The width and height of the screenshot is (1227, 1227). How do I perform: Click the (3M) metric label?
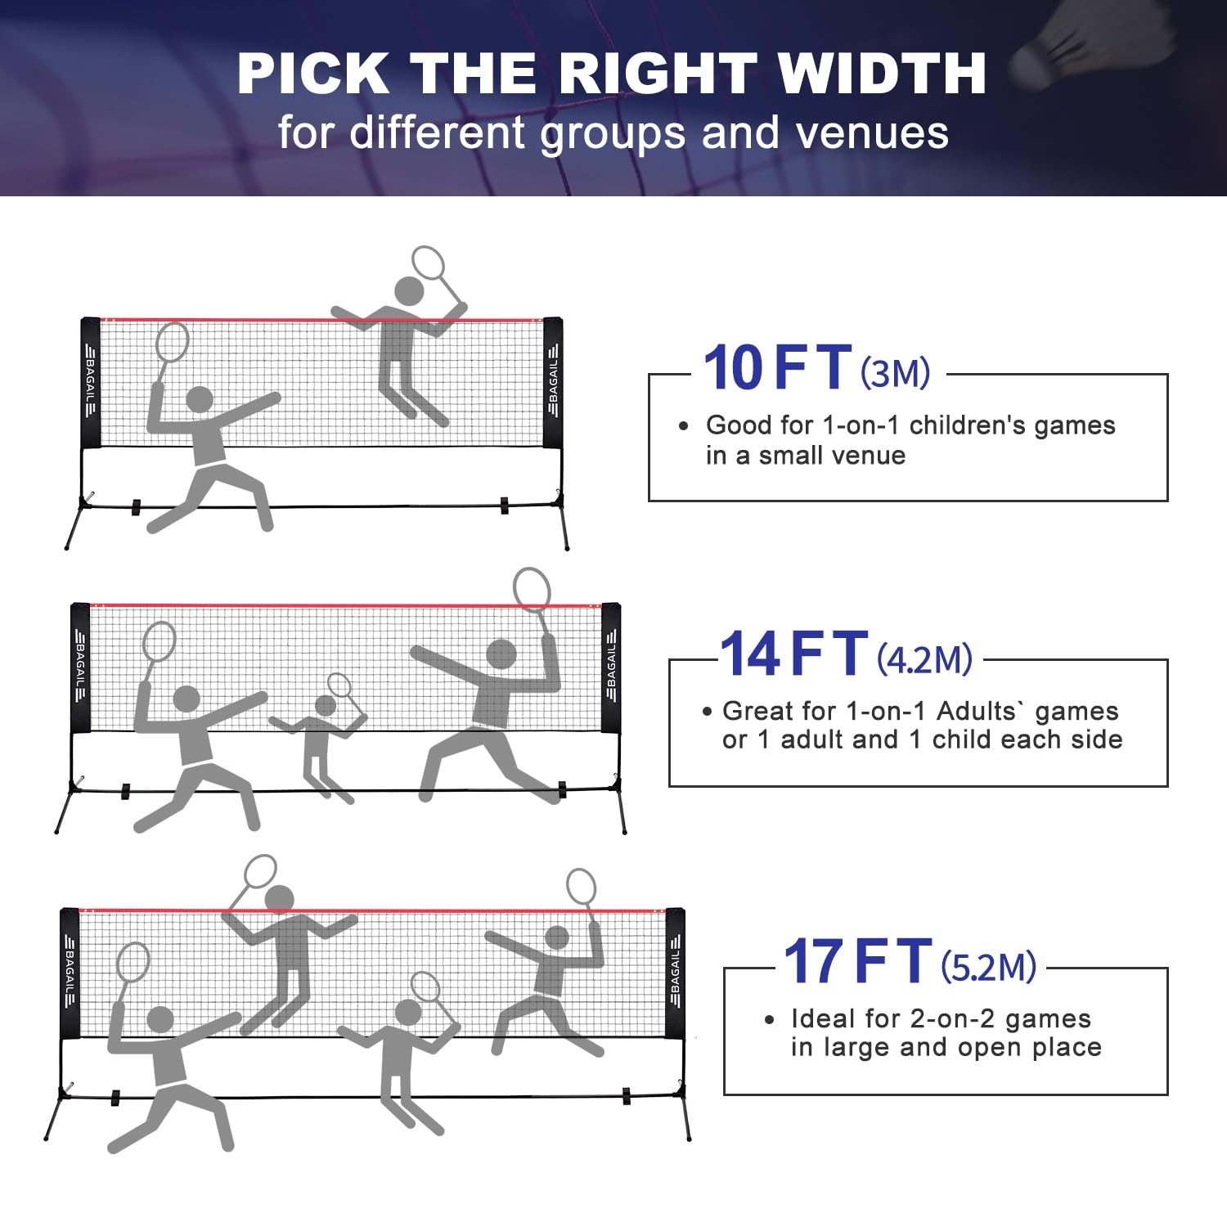coord(895,373)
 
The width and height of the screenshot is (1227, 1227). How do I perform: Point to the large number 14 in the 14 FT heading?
coord(749,654)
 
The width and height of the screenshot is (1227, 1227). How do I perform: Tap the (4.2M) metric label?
coord(924,658)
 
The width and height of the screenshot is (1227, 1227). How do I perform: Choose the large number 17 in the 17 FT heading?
coord(813,961)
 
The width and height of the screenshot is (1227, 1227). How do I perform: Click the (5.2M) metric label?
coord(988,967)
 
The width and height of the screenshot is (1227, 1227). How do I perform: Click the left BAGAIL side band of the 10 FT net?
coord(90,382)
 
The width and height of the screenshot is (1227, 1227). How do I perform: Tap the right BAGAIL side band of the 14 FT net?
coord(611,667)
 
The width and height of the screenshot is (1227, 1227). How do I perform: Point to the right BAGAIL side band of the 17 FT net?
coord(675,973)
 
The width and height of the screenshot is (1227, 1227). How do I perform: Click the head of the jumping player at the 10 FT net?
coord(409,290)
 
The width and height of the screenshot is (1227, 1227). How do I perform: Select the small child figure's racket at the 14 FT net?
coord(339,685)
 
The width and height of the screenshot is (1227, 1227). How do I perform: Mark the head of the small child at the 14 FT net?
coord(326,706)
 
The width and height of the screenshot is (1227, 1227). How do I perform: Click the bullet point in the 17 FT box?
coord(769,1019)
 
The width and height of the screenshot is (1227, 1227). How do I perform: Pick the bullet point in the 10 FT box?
coord(684,425)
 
